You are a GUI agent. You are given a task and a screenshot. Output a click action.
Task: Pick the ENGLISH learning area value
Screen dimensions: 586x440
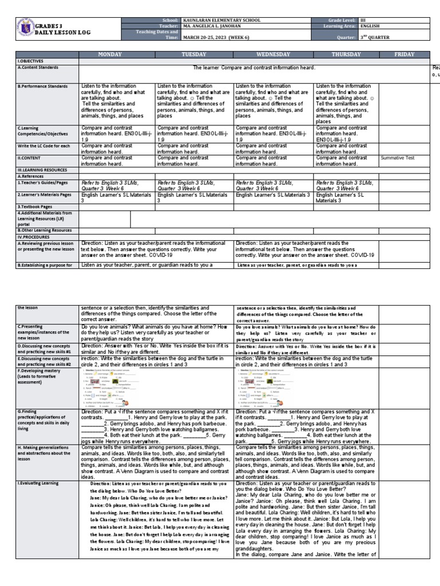pyautogui.click(x=372, y=26)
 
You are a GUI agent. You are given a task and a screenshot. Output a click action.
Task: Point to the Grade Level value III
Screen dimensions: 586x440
pyautogui.click(x=363, y=20)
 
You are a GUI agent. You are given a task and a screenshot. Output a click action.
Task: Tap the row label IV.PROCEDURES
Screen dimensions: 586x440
pyautogui.click(x=35, y=236)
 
